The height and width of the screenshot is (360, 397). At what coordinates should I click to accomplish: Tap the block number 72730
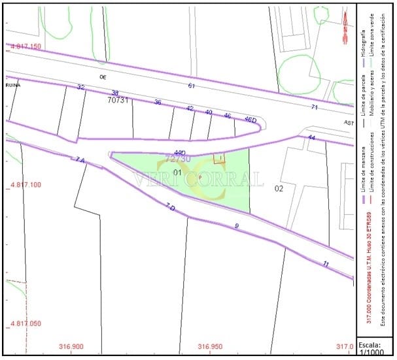pyautogui.click(x=178, y=158)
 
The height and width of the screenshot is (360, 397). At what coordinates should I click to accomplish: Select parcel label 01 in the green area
pyautogui.click(x=177, y=172)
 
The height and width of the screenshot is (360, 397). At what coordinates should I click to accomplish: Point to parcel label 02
pyautogui.click(x=279, y=189)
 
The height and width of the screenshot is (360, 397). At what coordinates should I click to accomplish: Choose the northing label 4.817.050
pyautogui.click(x=26, y=323)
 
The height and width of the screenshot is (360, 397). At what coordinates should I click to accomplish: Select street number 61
pyautogui.click(x=191, y=86)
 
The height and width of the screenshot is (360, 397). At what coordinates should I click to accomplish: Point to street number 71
pyautogui.click(x=314, y=107)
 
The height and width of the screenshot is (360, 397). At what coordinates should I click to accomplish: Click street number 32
pyautogui.click(x=80, y=87)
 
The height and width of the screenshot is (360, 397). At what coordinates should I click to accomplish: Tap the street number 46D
pyautogui.click(x=249, y=120)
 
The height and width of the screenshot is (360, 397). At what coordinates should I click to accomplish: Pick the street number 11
pyautogui.click(x=326, y=263)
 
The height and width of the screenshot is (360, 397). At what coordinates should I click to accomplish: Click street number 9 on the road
pyautogui.click(x=237, y=225)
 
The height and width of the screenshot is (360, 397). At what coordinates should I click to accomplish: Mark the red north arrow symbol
pyautogui.click(x=345, y=29)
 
